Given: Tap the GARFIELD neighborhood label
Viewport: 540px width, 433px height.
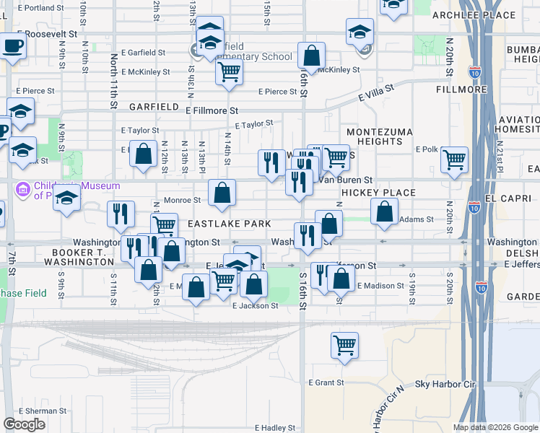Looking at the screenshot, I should pos(154,107).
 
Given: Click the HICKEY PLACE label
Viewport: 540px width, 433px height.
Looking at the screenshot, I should pos(379,193).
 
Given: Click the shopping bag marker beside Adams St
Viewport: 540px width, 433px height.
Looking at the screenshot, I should pos(385,211).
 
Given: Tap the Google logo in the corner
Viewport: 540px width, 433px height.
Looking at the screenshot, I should pos(24,424).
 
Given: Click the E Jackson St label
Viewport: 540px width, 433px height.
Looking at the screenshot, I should pos(255,306).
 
